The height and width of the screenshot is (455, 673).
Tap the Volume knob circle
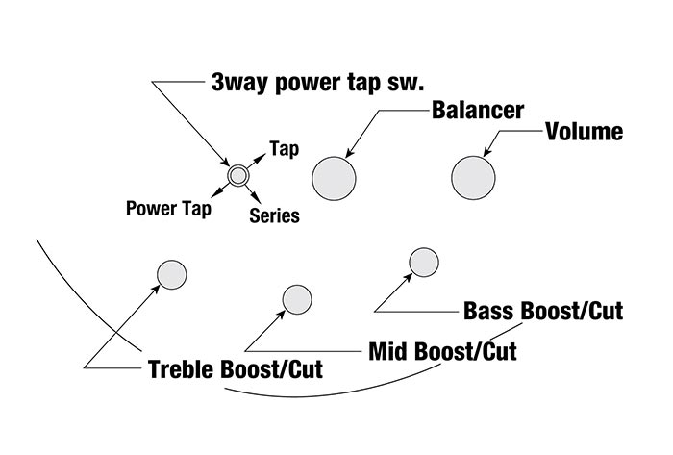(474, 177)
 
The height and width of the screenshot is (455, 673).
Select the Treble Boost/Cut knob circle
(171, 274)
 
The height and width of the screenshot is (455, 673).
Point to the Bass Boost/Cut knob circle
(424, 262)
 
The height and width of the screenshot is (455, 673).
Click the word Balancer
(477, 111)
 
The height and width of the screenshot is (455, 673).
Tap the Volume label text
(585, 132)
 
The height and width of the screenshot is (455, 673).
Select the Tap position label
(284, 149)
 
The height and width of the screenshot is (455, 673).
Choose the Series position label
(274, 216)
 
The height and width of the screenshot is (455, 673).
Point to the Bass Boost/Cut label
(543, 312)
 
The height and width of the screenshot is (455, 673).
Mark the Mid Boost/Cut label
(442, 351)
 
